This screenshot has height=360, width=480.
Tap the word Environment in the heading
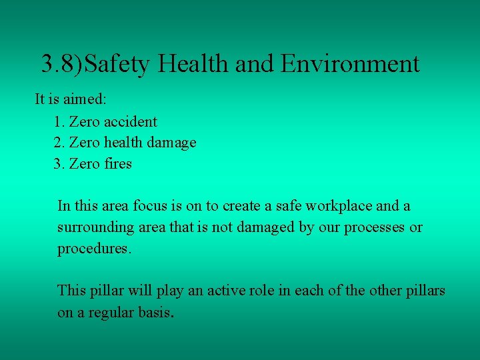[x=350, y=64]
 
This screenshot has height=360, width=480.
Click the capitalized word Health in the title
[x=193, y=64]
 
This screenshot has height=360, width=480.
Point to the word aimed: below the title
[x=89, y=99]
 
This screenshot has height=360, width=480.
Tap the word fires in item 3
[x=118, y=163]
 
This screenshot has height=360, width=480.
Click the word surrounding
[x=95, y=227]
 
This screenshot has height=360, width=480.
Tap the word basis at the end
[x=156, y=312]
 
